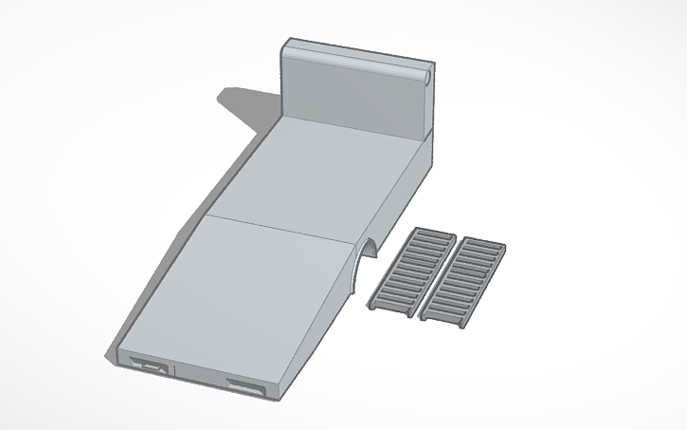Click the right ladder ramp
[x=463, y=277]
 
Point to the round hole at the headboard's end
[x=428, y=74]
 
